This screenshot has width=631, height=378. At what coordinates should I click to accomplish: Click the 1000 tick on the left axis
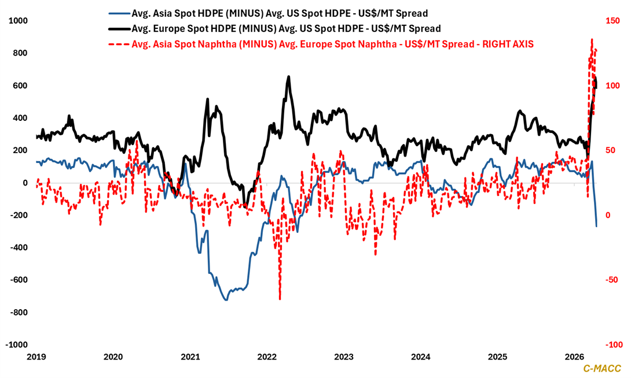[x=18, y=21]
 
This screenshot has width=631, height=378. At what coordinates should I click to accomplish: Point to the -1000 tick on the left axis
[x=17, y=344]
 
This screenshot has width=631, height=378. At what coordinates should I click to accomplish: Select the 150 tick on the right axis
[x=613, y=21]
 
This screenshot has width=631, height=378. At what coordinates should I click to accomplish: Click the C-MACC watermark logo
[x=601, y=368]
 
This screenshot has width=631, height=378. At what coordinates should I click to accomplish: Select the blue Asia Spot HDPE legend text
[x=280, y=13]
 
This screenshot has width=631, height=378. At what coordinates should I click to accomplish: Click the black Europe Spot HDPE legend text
[x=287, y=28]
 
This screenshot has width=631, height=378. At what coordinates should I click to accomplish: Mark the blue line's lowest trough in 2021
[x=226, y=299]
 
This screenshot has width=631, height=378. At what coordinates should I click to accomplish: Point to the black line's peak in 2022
[x=289, y=76]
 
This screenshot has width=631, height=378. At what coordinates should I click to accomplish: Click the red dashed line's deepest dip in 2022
[x=280, y=299]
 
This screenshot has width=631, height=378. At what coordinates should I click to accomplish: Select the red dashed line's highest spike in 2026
[x=592, y=39]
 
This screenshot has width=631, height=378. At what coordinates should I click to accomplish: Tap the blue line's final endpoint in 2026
[x=597, y=226]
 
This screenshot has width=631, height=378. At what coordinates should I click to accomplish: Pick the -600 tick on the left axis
[x=19, y=280]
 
